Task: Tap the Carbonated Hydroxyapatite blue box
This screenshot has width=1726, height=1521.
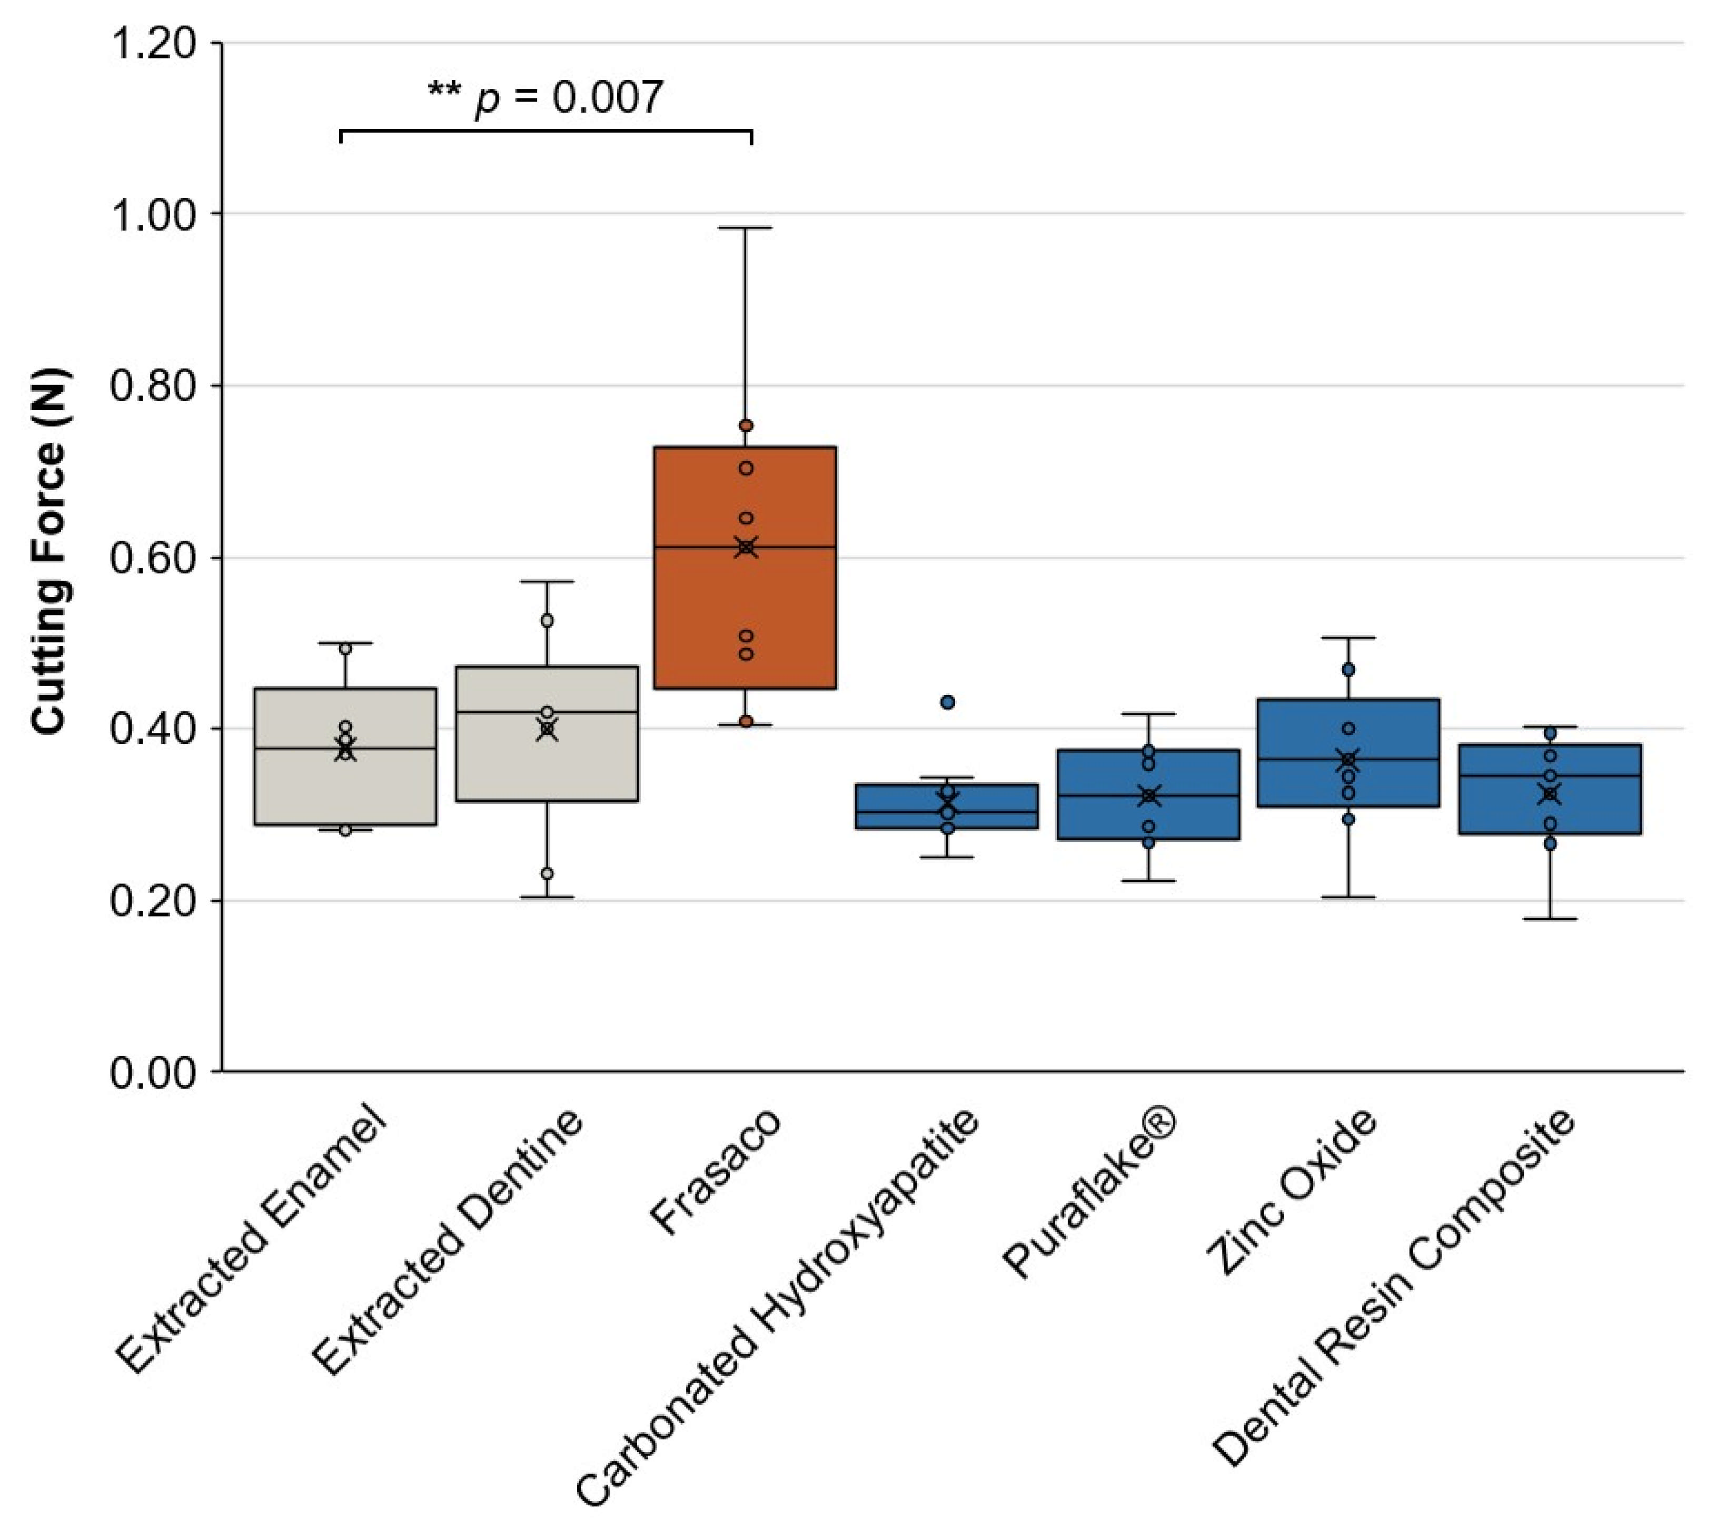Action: (947, 807)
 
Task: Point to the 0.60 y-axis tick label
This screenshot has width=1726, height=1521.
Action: (154, 558)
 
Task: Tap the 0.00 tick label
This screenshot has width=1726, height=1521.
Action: (154, 1072)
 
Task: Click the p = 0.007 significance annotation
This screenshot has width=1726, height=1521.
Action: (545, 98)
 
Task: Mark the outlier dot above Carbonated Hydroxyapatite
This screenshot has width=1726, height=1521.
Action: (947, 702)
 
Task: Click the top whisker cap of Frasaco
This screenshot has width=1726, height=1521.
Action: (745, 228)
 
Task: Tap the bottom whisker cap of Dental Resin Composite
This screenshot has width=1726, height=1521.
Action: (1550, 918)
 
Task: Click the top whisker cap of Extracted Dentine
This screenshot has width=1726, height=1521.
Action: (547, 581)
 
